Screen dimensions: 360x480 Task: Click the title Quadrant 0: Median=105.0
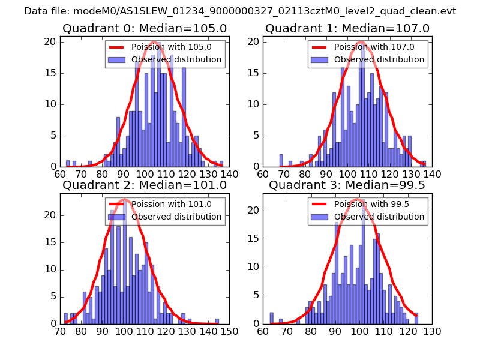click(x=145, y=28)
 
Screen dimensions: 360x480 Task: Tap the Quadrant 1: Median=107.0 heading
click(x=347, y=28)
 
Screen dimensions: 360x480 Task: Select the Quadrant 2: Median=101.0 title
click(x=145, y=185)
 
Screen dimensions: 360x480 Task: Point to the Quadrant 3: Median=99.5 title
click(x=347, y=185)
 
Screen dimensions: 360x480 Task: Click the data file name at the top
click(x=240, y=11)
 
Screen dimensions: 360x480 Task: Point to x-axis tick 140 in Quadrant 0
click(x=230, y=174)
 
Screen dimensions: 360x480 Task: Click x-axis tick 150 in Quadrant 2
click(x=230, y=331)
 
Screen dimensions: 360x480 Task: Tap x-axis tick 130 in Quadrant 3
click(x=432, y=331)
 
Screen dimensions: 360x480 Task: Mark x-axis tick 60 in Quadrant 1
click(x=263, y=174)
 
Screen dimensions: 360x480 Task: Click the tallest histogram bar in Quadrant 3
click(x=363, y=270)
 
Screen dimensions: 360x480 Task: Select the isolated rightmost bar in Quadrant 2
click(x=217, y=321)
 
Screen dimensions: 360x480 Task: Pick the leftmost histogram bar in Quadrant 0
click(x=68, y=163)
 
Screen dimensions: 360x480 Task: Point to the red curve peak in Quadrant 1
click(x=361, y=42)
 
